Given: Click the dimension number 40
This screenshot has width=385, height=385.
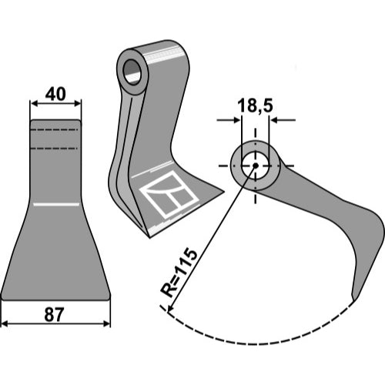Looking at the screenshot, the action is (55, 94).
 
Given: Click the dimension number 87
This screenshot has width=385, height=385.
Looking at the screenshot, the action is (54, 315).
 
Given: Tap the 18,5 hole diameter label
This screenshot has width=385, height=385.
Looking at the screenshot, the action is (255, 105).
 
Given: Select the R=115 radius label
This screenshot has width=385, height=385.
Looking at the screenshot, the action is (179, 273).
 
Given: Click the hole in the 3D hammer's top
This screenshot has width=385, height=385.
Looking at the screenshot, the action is (132, 72).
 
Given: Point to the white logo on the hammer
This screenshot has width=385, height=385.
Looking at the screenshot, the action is (169, 195).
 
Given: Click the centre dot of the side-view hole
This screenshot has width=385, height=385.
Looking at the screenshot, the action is (255, 166).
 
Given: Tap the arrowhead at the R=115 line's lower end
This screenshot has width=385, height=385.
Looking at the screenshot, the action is (169, 309).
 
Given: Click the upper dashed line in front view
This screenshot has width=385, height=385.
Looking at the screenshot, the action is (54, 130).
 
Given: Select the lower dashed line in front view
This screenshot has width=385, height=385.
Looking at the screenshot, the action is (54, 149).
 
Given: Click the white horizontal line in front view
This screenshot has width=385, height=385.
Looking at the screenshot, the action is (56, 205).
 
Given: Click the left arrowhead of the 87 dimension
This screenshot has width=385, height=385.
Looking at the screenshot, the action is (5, 323).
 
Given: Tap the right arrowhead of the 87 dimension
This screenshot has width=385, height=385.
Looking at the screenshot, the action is (107, 323).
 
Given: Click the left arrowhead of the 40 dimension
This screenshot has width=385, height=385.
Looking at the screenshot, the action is (34, 103).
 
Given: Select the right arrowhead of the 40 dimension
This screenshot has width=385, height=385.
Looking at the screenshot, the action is (78, 103).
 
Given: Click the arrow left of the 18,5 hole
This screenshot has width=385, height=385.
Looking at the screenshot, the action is (229, 120).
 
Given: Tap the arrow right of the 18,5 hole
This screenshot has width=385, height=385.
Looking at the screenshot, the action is (283, 120).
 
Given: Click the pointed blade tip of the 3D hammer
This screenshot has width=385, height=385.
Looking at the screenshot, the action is (224, 191).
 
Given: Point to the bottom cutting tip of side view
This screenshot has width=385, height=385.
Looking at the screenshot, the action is (353, 300).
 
